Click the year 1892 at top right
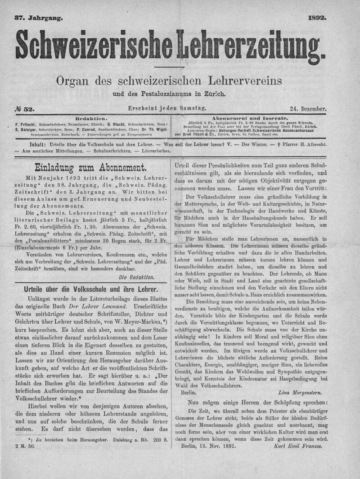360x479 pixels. point(317,18)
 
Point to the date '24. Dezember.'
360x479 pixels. point(308,109)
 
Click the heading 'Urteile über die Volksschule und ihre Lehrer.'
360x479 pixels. point(90,290)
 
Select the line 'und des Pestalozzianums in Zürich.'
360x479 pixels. point(169,94)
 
